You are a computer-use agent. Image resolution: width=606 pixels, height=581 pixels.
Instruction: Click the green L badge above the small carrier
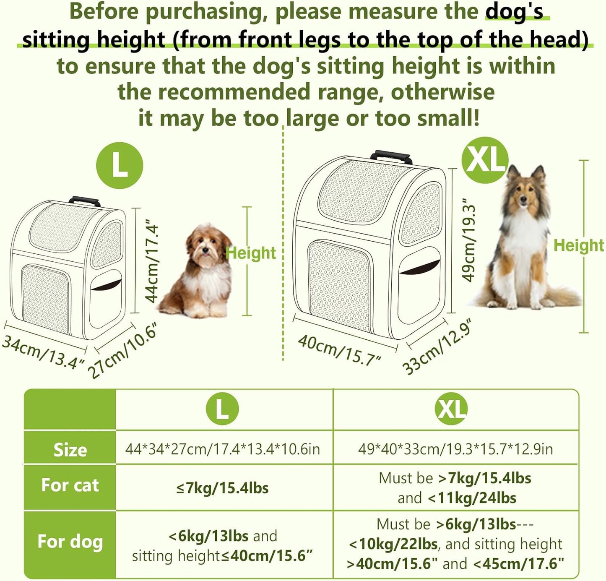click(120, 165)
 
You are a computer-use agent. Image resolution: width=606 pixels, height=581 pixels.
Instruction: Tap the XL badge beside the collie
click(485, 160)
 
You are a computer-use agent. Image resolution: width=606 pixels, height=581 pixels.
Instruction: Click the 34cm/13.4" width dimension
click(44, 352)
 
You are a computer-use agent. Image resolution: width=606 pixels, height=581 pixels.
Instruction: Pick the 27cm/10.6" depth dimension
click(122, 352)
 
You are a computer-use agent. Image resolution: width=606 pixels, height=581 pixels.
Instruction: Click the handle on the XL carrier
click(391, 157)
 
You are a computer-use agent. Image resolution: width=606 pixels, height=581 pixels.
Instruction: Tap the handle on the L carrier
click(85, 201)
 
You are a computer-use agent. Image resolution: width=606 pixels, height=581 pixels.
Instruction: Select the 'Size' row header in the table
click(70, 450)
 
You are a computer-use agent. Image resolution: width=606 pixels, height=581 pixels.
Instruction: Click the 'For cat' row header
click(70, 485)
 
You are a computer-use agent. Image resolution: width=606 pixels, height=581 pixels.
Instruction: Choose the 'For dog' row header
click(70, 542)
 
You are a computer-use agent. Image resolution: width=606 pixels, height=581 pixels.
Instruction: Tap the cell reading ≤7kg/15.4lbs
click(222, 488)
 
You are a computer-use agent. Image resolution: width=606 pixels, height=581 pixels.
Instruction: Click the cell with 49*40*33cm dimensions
click(455, 449)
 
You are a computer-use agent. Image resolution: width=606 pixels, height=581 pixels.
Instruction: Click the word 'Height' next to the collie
click(579, 245)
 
